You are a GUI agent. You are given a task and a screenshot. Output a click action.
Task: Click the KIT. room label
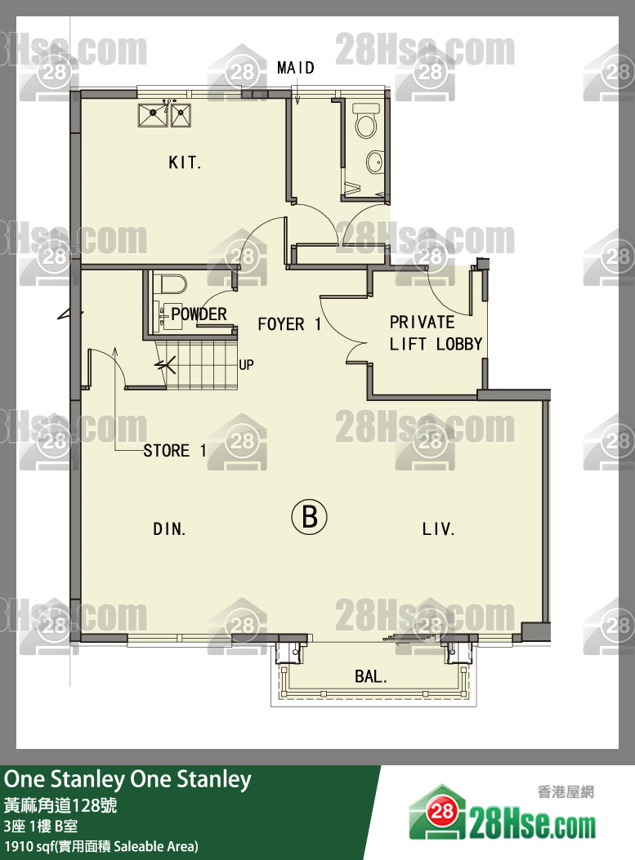[x=185, y=163]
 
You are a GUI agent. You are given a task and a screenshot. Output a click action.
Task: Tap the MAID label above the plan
[x=296, y=68]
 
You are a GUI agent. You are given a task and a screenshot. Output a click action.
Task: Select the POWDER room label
[x=199, y=314]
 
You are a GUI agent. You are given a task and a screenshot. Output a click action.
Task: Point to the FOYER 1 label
[x=289, y=324]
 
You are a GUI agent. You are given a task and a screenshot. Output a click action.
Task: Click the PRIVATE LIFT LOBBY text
[x=436, y=333]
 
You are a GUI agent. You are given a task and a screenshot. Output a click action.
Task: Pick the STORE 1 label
[x=175, y=451]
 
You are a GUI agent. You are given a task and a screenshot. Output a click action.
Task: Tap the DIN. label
[x=169, y=529]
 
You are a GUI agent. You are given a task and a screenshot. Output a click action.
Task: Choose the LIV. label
[x=438, y=529]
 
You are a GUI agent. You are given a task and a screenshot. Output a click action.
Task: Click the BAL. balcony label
[x=371, y=677]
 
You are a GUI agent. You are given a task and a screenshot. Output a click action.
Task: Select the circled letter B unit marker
[x=309, y=516]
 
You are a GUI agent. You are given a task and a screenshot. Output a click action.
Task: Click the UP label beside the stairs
[x=247, y=365]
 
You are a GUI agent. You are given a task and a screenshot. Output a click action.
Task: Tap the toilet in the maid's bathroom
[x=365, y=121]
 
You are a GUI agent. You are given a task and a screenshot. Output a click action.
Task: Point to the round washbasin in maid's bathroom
[x=375, y=162]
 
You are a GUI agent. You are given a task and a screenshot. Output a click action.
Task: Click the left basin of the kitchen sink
[x=153, y=115]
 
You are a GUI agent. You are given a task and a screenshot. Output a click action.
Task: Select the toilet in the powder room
[x=172, y=285]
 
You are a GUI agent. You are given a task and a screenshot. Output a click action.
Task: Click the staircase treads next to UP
[x=196, y=365]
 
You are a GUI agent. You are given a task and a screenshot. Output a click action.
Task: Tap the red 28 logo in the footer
[x=442, y=811]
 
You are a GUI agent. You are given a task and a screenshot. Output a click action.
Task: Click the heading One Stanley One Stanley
[x=127, y=779]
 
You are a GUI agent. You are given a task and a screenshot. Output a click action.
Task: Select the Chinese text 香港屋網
[x=566, y=792]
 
